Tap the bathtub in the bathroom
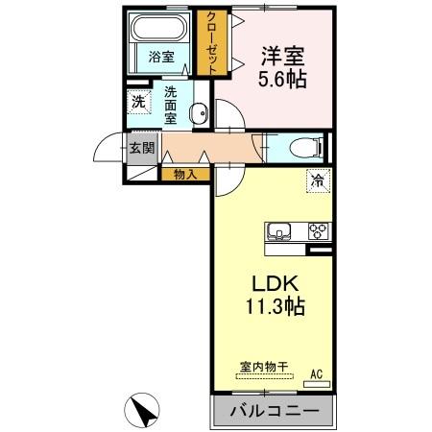click(160, 28)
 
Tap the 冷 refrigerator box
click(315, 179)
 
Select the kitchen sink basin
click(281, 231)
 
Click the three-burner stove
click(318, 231)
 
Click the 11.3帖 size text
click(272, 310)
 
